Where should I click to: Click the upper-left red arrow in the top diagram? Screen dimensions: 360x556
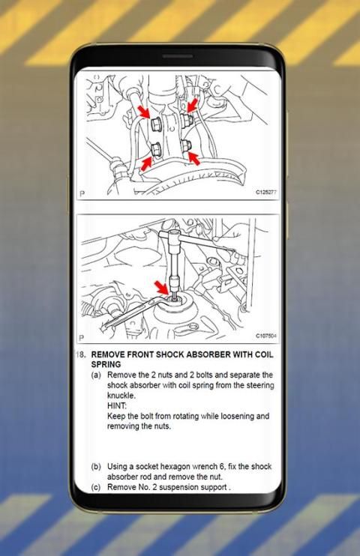(x=144, y=112)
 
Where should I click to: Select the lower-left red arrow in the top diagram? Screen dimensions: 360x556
(x=146, y=163)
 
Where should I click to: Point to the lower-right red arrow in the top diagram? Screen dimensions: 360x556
(x=193, y=158)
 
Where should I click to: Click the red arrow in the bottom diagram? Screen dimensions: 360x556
(x=162, y=287)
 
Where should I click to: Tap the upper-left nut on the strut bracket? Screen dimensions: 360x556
(x=156, y=124)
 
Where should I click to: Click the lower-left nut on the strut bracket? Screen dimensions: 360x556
(x=156, y=149)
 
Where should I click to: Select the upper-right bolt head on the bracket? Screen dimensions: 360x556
(x=186, y=119)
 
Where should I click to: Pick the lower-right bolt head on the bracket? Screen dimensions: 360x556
(x=186, y=145)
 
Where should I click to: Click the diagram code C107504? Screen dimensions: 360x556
(x=266, y=336)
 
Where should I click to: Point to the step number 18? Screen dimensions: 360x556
(x=81, y=354)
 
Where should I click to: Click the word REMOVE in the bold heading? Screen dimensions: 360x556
(x=108, y=354)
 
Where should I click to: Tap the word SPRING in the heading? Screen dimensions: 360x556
(x=106, y=364)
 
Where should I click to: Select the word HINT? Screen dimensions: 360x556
(x=117, y=405)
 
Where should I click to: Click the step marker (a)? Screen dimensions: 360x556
(x=96, y=375)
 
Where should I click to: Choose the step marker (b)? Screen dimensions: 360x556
(x=96, y=467)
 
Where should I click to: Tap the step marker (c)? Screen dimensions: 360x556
(x=96, y=487)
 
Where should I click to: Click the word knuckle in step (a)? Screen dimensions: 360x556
(x=121, y=396)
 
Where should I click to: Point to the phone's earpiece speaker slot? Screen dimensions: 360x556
(x=178, y=56)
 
